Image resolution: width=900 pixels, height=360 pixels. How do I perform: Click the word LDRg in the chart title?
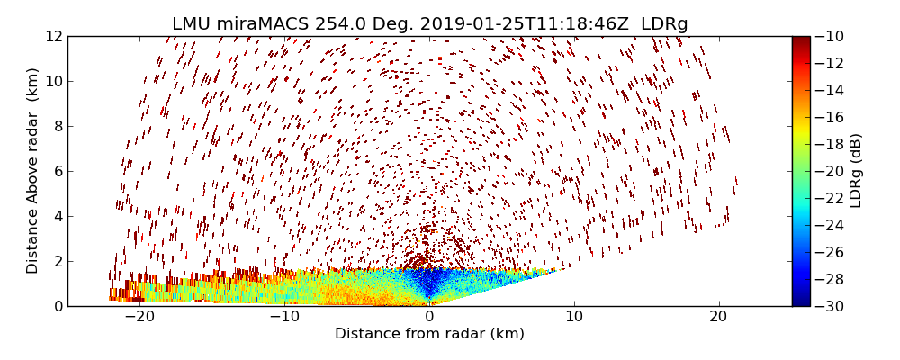[663, 24]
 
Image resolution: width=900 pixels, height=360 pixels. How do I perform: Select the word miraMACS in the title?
[256, 24]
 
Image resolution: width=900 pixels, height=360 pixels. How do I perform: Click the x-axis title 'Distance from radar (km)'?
[429, 334]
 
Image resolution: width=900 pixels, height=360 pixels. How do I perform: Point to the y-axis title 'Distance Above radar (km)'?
[33, 170]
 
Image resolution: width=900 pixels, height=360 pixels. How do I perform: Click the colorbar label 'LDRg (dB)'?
[856, 170]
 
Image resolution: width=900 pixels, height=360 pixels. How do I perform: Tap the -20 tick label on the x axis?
[139, 317]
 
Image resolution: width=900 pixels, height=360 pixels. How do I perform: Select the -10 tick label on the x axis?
[284, 317]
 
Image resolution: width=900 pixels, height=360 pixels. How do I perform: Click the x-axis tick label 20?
[718, 317]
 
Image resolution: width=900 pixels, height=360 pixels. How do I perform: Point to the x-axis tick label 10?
[574, 317]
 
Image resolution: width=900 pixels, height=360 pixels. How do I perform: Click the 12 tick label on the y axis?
[53, 37]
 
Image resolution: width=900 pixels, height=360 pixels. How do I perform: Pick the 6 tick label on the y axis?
[58, 171]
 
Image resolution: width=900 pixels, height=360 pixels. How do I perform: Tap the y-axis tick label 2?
[58, 261]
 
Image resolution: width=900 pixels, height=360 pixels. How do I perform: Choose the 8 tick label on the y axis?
[58, 126]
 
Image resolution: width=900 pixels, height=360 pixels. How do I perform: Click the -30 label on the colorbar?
[832, 306]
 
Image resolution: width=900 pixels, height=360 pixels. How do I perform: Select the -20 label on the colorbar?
[832, 171]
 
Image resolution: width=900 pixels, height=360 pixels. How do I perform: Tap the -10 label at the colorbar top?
[832, 37]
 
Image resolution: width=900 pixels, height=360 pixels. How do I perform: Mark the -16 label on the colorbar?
[832, 117]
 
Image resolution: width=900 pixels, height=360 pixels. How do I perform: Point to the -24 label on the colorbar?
[832, 225]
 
